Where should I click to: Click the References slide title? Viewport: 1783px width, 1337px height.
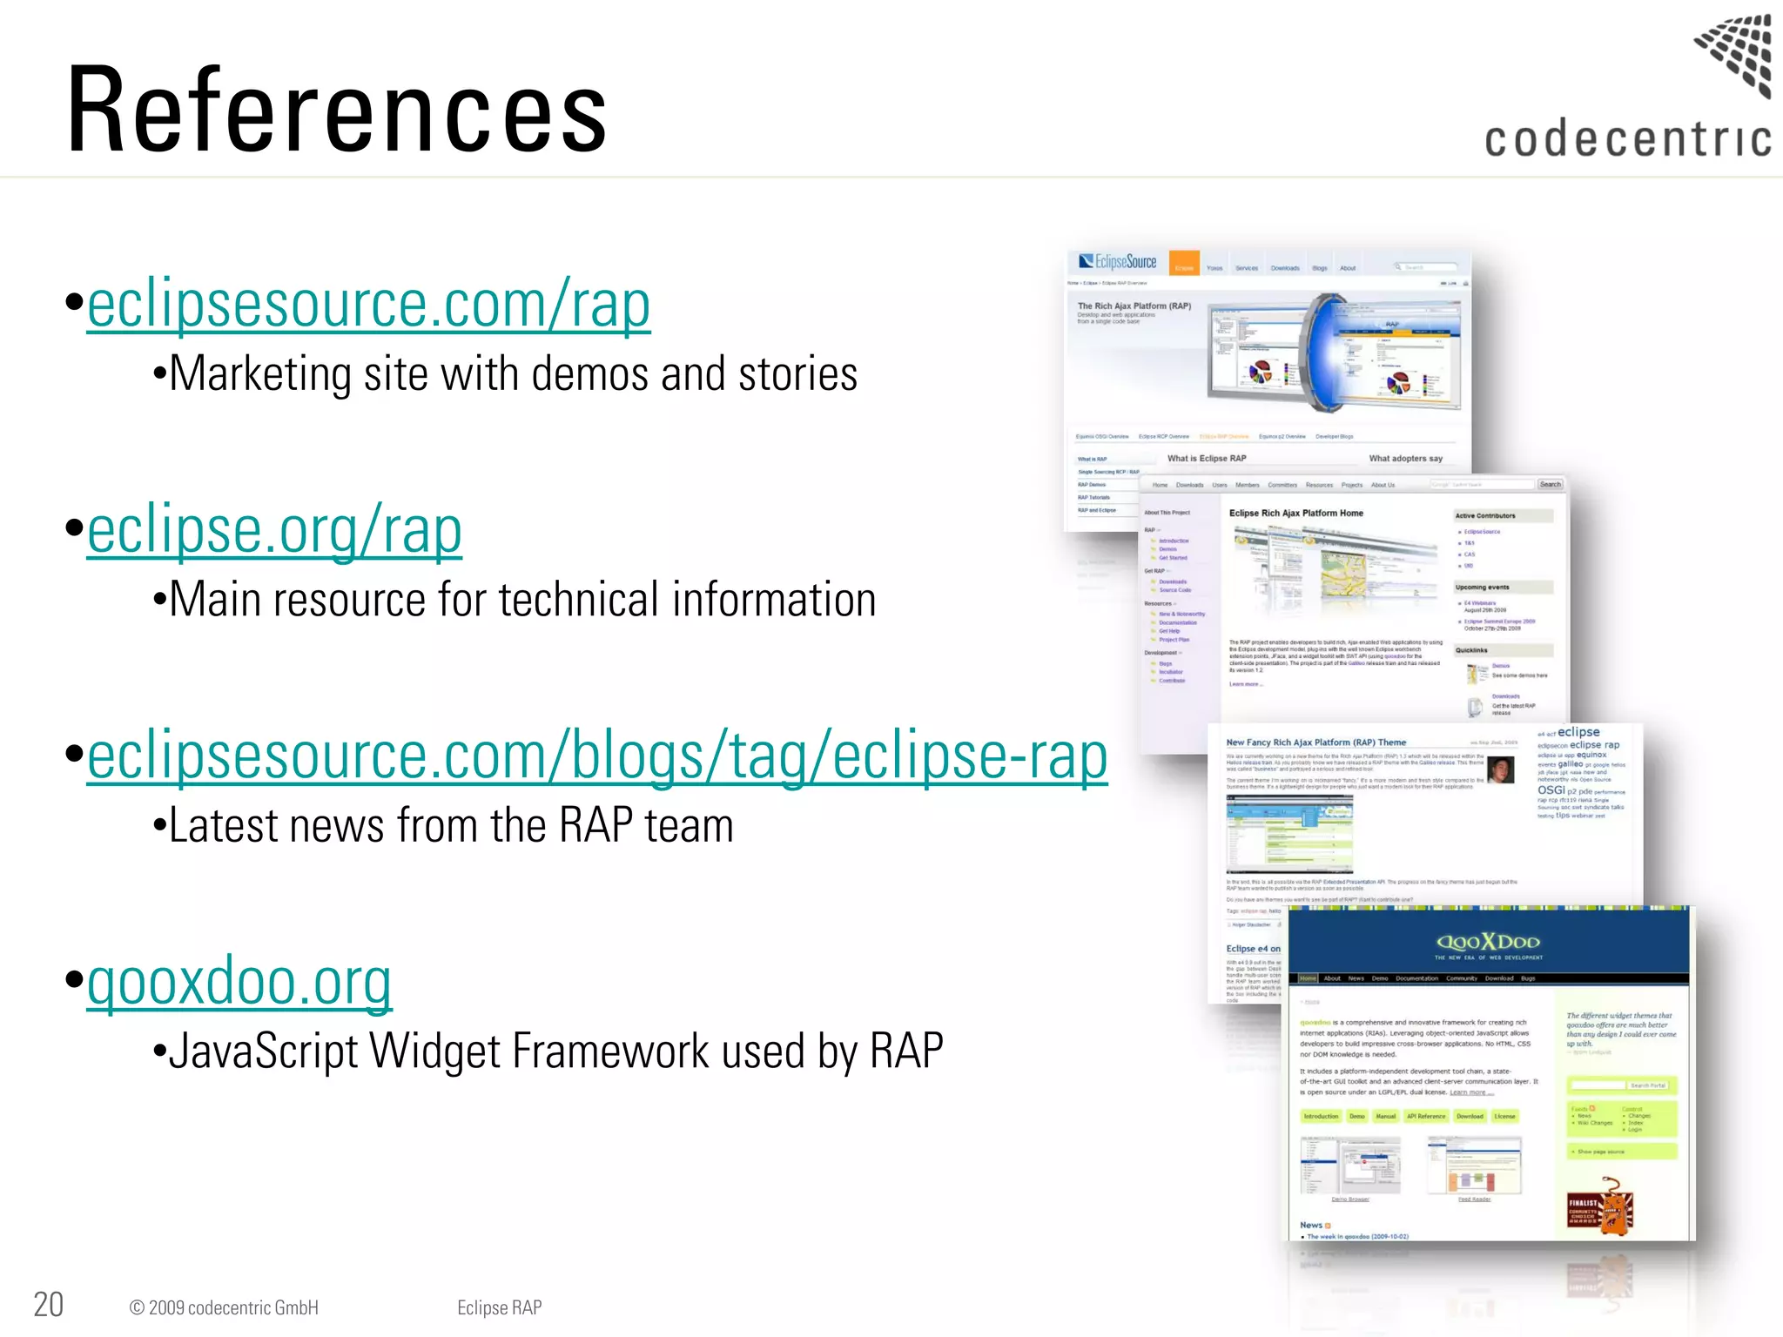point(336,111)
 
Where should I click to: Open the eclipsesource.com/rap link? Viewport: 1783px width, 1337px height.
point(368,304)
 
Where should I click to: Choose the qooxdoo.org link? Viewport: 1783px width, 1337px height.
point(239,981)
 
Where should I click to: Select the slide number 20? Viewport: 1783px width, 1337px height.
point(49,1305)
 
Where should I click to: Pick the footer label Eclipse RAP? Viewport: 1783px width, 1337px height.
point(499,1307)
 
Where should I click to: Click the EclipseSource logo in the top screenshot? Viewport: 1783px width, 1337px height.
point(1118,262)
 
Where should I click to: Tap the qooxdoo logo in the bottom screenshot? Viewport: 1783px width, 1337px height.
point(1488,943)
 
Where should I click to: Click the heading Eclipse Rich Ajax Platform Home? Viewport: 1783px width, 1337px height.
point(1295,514)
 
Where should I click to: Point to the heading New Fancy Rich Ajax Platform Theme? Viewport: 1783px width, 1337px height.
point(1315,742)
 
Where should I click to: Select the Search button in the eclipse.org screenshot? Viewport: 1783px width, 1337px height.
point(1550,485)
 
